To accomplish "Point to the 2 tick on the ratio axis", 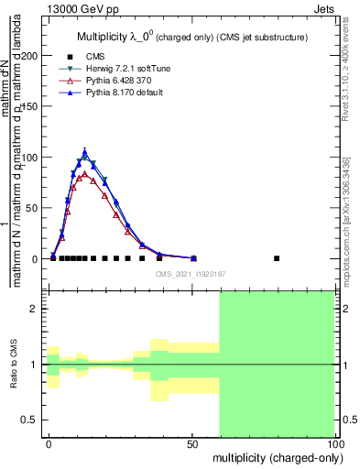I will (33, 310).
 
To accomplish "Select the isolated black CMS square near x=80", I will (277, 258).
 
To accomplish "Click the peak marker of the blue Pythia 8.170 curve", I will (84, 152).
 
